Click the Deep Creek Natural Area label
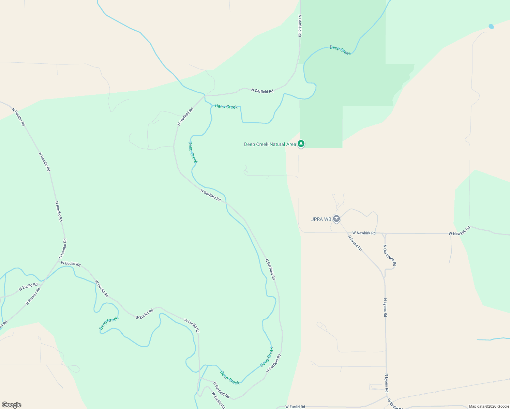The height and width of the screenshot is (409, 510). coord(270,145)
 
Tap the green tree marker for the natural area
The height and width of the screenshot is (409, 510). coord(301,144)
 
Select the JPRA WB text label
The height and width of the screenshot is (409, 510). coord(321,219)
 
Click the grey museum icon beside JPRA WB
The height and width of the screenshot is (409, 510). coord(336,219)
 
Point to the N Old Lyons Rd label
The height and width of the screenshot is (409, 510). coord(390,255)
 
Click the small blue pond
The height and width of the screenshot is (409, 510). coord(491,26)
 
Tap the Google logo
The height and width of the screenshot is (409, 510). coord(11,405)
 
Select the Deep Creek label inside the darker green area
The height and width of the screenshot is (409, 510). coord(340,50)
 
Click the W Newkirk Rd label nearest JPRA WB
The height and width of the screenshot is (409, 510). coord(364,233)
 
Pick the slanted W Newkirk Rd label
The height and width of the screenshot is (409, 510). coord(459,231)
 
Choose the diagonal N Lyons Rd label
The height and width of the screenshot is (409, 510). coord(355,243)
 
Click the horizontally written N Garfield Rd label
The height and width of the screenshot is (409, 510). coord(262,91)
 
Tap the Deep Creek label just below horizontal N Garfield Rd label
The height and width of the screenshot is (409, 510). coord(226,107)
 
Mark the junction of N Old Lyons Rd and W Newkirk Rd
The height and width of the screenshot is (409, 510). coord(384,234)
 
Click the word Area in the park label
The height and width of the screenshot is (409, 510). coord(291,145)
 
